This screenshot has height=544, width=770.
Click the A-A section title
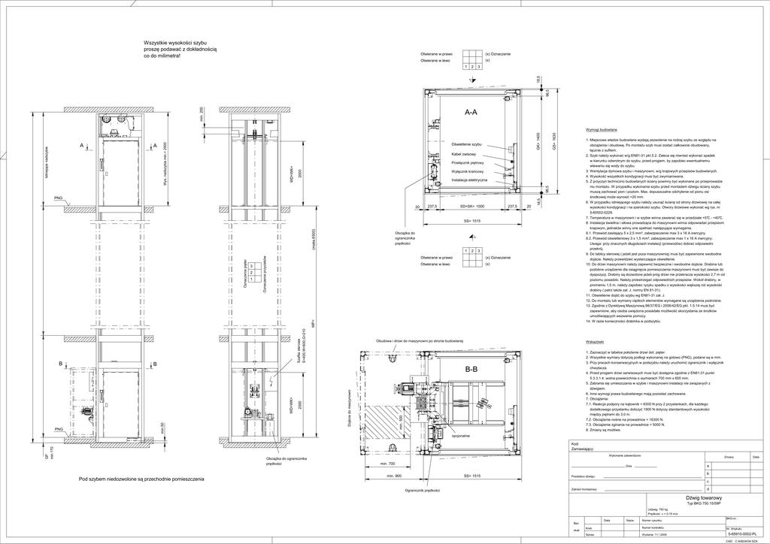471,112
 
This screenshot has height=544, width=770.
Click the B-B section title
471,370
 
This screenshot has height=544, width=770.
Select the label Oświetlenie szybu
466,143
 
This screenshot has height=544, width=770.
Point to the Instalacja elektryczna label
469,180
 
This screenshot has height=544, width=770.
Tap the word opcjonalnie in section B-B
461,435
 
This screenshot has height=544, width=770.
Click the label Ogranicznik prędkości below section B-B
422,490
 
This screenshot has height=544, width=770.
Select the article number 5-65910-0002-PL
742,533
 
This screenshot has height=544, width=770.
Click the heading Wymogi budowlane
601,130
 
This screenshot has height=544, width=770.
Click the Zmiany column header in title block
728,456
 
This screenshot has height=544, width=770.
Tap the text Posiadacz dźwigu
584,476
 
